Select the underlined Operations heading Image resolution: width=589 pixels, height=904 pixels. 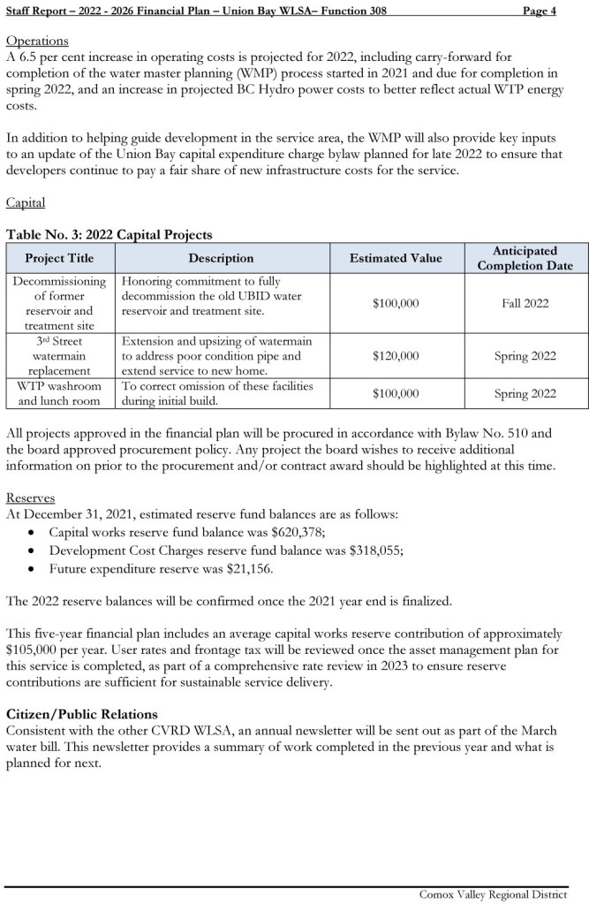tap(37, 42)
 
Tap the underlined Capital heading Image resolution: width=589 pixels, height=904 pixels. tap(26, 202)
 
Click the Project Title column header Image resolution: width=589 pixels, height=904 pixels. tap(59, 258)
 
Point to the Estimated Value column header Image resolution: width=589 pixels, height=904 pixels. tap(396, 258)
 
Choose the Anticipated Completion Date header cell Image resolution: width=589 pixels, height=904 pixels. tap(525, 258)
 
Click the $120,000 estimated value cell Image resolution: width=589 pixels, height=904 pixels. tap(396, 356)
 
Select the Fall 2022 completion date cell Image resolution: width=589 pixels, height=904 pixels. tap(525, 303)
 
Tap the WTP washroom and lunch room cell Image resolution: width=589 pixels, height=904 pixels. tap(59, 393)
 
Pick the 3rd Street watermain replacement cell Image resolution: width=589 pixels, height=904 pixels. tap(59, 356)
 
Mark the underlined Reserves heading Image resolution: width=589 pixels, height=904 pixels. tap(31, 498)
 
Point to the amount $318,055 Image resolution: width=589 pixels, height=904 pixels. tap(371, 550)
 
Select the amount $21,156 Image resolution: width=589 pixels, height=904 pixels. tap(248, 568)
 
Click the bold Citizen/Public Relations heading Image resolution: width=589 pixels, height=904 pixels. tap(82, 713)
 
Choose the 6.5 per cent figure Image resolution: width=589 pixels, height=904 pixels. tap(51, 57)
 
